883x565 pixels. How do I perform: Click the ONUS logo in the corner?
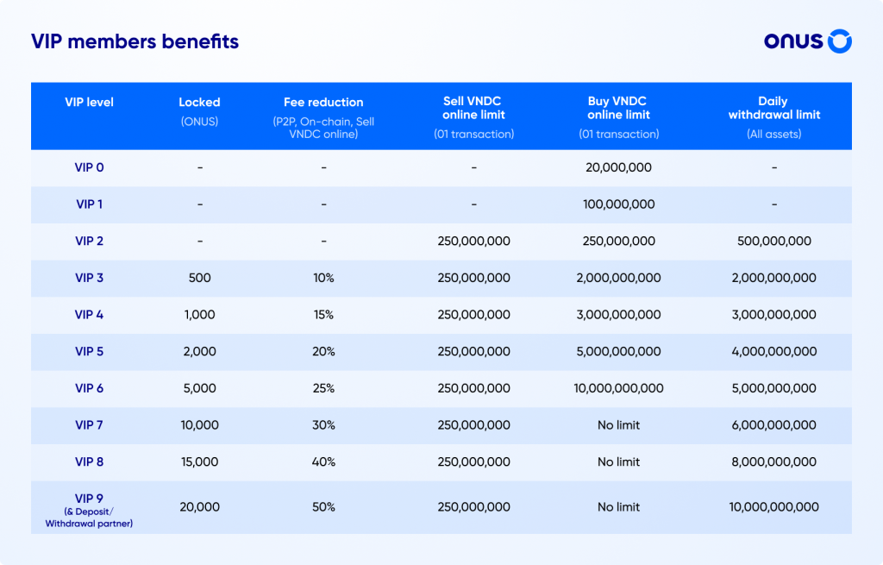[808, 41]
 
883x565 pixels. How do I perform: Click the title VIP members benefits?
[135, 41]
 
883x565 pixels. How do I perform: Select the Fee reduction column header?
[323, 103]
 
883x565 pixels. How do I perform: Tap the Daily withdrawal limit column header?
[773, 108]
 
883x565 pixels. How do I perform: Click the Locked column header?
[199, 103]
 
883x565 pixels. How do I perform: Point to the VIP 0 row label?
[89, 167]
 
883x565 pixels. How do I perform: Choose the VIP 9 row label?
[89, 499]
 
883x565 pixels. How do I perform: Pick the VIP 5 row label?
[89, 352]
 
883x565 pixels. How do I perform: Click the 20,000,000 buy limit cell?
[618, 167]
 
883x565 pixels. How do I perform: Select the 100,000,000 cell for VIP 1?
[618, 204]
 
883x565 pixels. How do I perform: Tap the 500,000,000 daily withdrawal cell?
[773, 242]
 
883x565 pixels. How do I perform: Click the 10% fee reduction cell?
[323, 279]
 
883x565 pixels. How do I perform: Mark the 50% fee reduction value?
[323, 507]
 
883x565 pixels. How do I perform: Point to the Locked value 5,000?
[199, 389]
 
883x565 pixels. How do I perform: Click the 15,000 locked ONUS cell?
[199, 462]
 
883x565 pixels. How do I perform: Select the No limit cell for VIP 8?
[618, 462]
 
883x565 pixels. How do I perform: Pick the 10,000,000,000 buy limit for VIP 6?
[618, 389]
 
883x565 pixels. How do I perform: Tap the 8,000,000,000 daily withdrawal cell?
[773, 462]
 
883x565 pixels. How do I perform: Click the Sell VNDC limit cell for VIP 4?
[473, 315]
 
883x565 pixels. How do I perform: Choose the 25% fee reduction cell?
[323, 389]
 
